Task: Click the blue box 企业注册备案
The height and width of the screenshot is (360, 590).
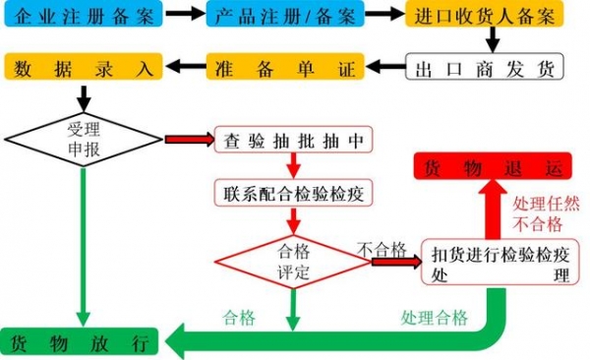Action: pyautogui.click(x=83, y=16)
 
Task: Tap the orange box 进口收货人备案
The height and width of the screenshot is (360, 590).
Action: pyautogui.click(x=486, y=16)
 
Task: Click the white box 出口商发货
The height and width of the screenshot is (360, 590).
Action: pyautogui.click(x=486, y=68)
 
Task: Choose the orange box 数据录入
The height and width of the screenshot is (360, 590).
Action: pyautogui.click(x=83, y=68)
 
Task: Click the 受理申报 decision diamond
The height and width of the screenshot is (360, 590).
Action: pyautogui.click(x=83, y=140)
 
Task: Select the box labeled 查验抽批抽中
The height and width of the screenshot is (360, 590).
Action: pyautogui.click(x=295, y=141)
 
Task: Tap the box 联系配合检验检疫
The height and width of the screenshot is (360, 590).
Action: pyautogui.click(x=295, y=192)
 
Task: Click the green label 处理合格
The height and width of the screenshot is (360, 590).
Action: pyautogui.click(x=434, y=318)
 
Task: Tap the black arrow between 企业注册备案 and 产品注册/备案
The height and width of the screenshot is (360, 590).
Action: pyautogui.click(x=183, y=16)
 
